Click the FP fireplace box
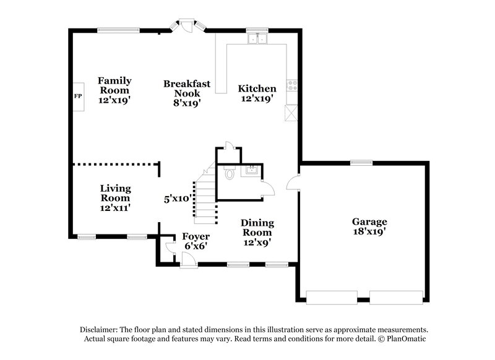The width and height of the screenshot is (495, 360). pos(78,96)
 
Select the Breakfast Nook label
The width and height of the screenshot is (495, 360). pos(186,93)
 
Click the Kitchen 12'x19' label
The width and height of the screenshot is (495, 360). pos(257,93)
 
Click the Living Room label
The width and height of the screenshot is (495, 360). pos(115,198)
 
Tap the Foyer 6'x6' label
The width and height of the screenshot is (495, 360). pos(195,241)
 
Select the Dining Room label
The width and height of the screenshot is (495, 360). pos(257,233)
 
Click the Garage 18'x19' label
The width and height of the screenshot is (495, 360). pos(369,226)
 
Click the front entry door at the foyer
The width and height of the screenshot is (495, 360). pos(187,265)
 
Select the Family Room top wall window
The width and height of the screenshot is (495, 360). pos(118,28)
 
